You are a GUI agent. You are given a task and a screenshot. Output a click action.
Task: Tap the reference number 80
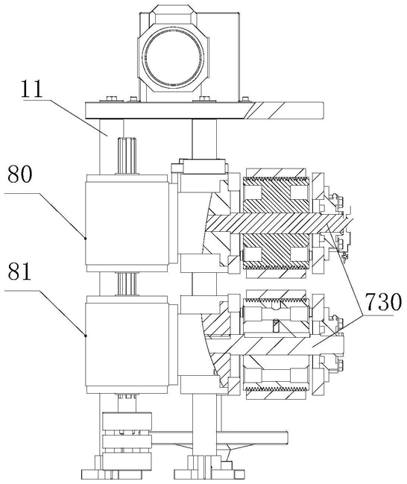(x=19, y=174)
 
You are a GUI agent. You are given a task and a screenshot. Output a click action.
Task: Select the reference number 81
(x=19, y=271)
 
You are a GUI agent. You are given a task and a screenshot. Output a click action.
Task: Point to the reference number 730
(x=383, y=301)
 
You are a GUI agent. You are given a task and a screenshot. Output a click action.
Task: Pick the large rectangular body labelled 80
(x=127, y=223)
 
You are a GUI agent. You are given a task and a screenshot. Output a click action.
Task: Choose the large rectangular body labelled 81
(x=127, y=345)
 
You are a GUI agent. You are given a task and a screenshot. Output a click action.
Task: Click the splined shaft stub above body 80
(x=126, y=156)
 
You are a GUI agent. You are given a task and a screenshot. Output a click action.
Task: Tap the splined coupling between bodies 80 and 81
(x=126, y=284)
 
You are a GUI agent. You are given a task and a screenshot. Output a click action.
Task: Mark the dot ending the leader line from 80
(x=86, y=238)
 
